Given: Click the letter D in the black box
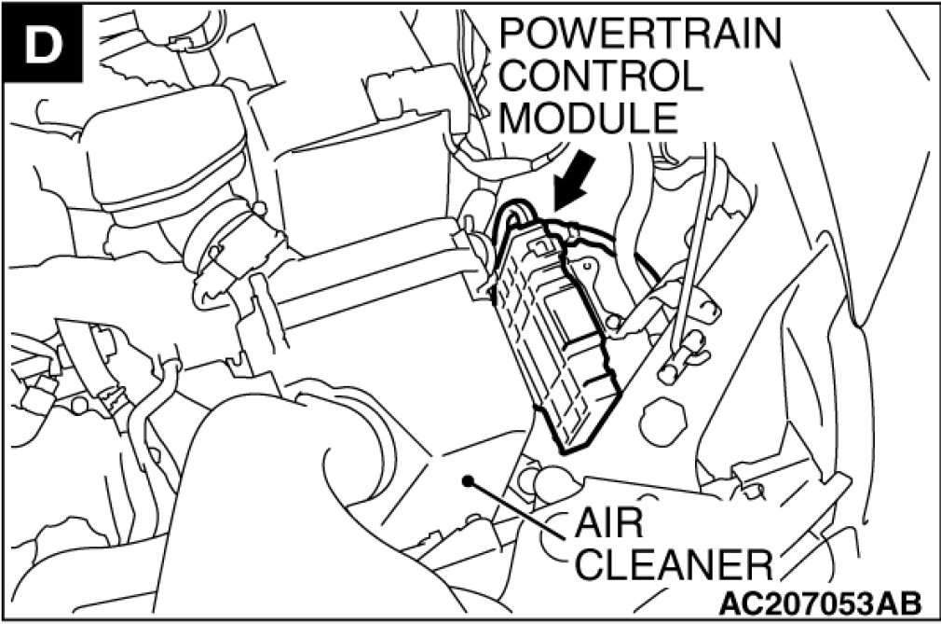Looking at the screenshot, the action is click(x=44, y=44).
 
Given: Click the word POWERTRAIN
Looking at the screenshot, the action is click(x=639, y=34).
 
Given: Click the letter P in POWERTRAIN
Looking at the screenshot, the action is click(x=514, y=34).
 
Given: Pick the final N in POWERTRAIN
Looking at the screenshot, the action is click(x=764, y=34).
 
